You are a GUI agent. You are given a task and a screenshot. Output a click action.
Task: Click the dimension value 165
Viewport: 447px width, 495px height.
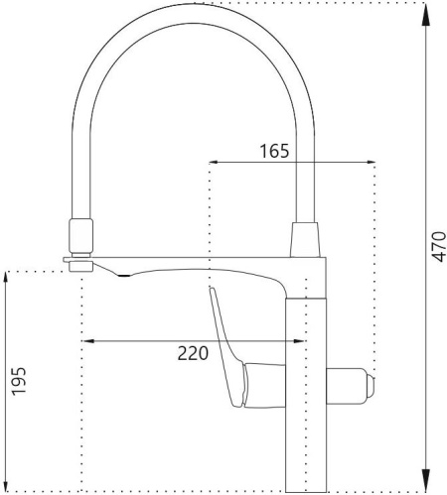coord(274,151)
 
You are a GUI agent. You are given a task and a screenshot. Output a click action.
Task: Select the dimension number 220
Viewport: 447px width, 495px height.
coord(193,353)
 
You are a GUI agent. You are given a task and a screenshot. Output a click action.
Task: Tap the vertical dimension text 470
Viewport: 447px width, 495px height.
coord(439,247)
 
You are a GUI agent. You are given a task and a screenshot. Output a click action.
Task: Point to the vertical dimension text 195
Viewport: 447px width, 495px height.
coord(19,381)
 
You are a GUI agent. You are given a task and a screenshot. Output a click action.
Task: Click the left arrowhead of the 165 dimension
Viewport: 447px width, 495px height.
coord(214,162)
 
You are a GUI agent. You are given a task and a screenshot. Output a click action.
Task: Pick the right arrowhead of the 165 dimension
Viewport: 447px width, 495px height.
coord(371,162)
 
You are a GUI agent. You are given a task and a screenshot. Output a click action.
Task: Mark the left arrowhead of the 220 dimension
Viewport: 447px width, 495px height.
coord(87,341)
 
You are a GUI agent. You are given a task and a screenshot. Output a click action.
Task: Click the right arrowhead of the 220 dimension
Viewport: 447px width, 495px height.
coord(299,341)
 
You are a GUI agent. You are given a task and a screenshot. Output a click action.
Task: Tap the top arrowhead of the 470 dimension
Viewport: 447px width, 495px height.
coord(426,14)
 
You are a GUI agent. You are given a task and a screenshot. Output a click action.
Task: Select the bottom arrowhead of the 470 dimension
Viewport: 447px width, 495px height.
coord(426,480)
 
